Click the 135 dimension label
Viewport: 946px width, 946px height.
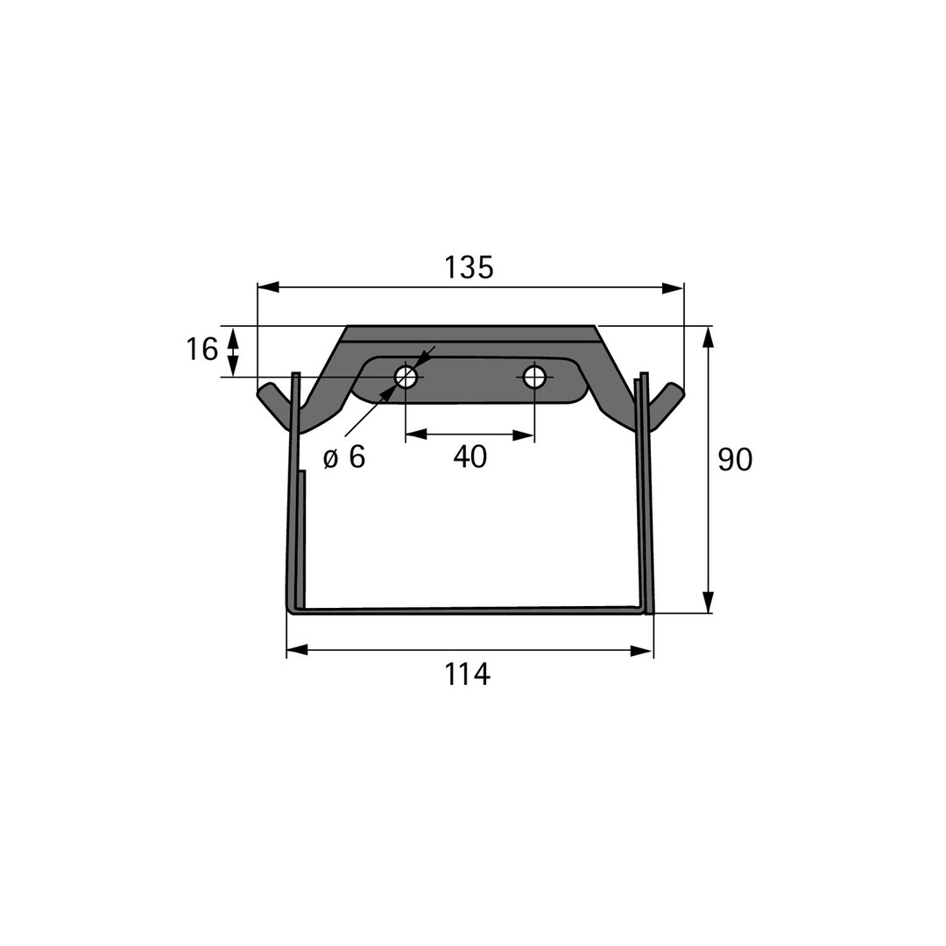tap(469, 267)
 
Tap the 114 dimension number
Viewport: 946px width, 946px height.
tap(468, 674)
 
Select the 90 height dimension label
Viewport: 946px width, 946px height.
tap(735, 460)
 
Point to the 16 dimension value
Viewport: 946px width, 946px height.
tap(201, 349)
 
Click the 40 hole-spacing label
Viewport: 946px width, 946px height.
tap(470, 456)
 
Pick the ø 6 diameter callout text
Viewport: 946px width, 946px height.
tap(344, 457)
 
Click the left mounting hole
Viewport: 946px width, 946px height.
tap(406, 378)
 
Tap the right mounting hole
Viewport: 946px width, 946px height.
tap(534, 378)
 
